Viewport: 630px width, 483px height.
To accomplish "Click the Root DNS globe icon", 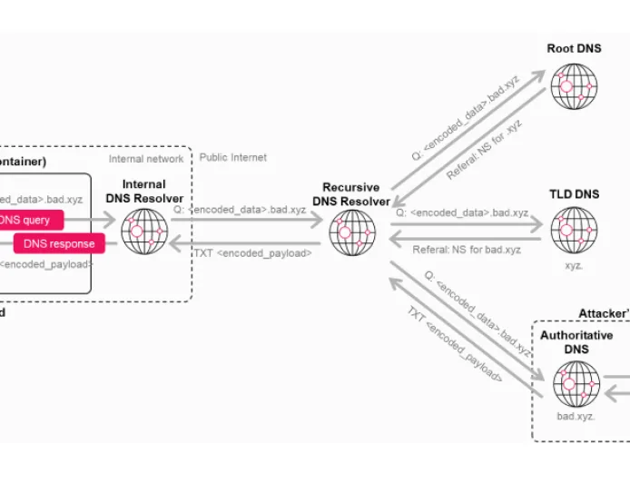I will pyautogui.click(x=574, y=86).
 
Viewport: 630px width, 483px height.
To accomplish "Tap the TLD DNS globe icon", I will pyautogui.click(x=574, y=231).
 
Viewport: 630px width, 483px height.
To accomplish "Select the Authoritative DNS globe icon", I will pyautogui.click(x=576, y=384).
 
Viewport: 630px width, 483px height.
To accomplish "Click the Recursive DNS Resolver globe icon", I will pyautogui.click(x=352, y=233).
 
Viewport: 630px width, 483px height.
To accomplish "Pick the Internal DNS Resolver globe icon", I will pyautogui.click(x=144, y=232).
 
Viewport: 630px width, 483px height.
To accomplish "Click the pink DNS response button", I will pyautogui.click(x=59, y=243).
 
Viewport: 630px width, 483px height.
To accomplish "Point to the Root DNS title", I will pyautogui.click(x=574, y=48).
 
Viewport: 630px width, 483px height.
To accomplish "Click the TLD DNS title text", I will pyautogui.click(x=574, y=194).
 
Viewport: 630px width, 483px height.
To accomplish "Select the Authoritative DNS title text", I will pyautogui.click(x=576, y=342).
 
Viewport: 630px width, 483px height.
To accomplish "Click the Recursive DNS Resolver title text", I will pyautogui.click(x=351, y=194).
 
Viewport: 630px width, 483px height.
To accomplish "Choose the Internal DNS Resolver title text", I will pyautogui.click(x=144, y=192).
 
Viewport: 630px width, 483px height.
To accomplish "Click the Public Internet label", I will pyautogui.click(x=233, y=158).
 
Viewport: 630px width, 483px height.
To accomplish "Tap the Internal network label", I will pyautogui.click(x=146, y=159).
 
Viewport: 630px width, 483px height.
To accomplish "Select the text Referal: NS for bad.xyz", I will pyautogui.click(x=467, y=250).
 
